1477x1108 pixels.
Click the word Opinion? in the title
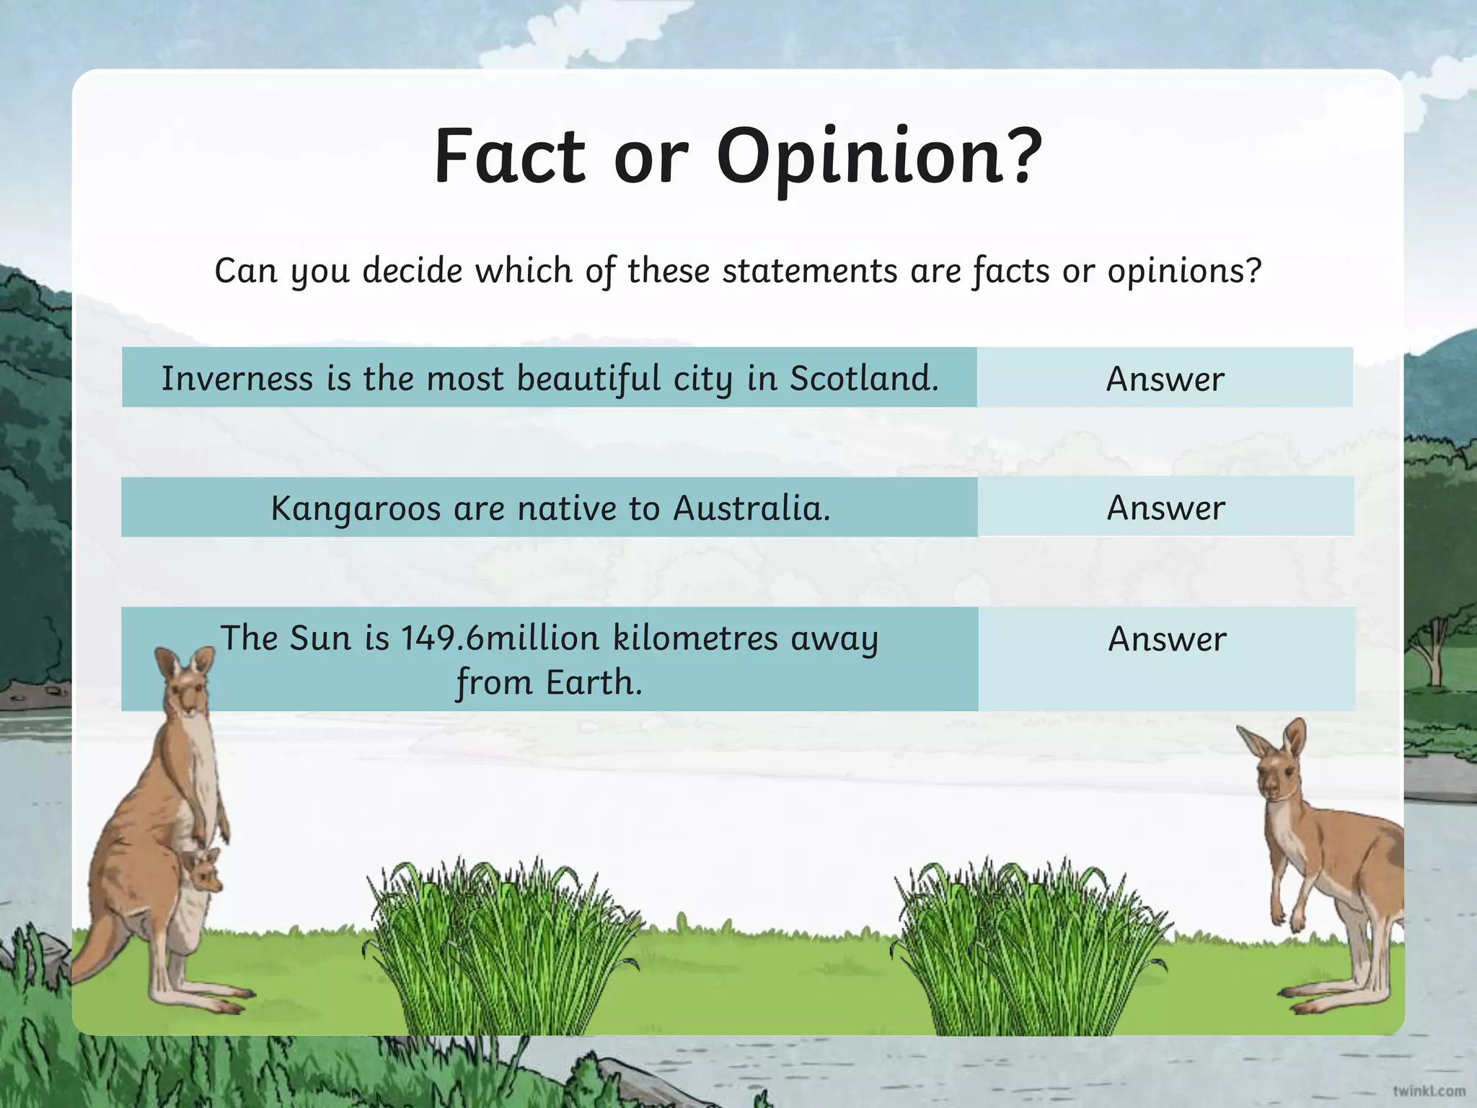pos(879,157)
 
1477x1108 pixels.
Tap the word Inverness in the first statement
pos(237,378)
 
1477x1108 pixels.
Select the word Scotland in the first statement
pos(864,378)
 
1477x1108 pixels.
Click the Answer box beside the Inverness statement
pos(1165,378)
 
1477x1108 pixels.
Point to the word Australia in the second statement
pos(751,508)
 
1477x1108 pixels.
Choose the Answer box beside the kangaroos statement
pos(1165,507)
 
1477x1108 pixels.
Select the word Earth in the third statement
pos(593,682)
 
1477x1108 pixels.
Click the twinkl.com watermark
pos(1429,1090)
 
